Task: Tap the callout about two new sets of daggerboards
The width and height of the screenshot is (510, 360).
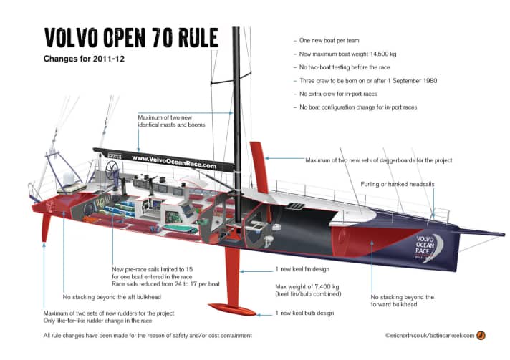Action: [378, 160]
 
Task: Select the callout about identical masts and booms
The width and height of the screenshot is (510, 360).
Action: [172, 120]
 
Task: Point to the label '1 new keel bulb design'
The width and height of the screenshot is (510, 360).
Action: [309, 313]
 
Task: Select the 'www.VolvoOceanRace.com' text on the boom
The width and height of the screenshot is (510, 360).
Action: [173, 160]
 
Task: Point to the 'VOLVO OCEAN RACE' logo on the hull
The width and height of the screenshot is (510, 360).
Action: [428, 243]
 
